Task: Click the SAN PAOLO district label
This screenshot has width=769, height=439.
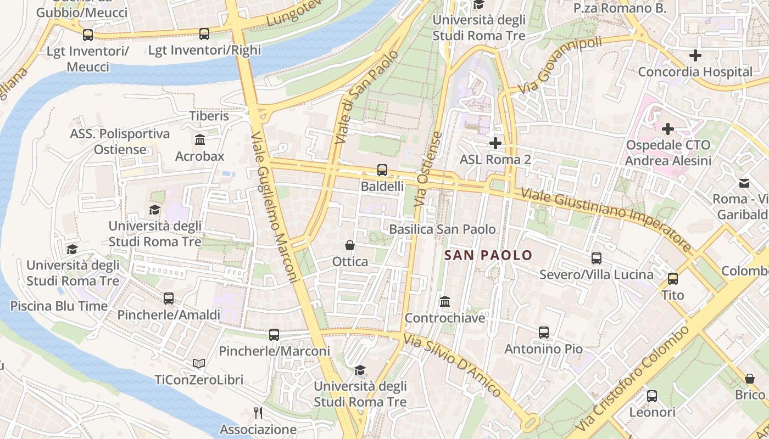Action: click(x=488, y=255)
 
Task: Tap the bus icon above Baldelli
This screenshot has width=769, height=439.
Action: click(x=382, y=170)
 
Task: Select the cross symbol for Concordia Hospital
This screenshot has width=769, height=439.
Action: click(x=695, y=55)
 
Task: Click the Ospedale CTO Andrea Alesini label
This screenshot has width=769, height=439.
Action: click(x=668, y=153)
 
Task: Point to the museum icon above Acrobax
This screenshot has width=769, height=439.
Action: click(x=200, y=140)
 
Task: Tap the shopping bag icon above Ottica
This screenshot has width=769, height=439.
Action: click(x=349, y=245)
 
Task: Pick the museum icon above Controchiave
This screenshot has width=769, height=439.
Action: click(x=445, y=301)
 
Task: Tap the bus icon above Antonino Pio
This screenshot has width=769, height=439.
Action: click(x=543, y=332)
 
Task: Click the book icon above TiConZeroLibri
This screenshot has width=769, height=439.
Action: click(x=198, y=363)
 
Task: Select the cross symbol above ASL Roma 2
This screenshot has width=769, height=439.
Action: click(x=495, y=143)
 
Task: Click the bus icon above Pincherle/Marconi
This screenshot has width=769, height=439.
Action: click(x=274, y=334)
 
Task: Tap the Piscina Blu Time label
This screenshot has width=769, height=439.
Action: click(x=59, y=306)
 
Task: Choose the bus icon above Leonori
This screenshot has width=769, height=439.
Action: click(x=652, y=396)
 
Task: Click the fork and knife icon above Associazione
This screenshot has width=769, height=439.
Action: click(x=258, y=413)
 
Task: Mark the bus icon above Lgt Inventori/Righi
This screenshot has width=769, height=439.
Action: click(x=204, y=34)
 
